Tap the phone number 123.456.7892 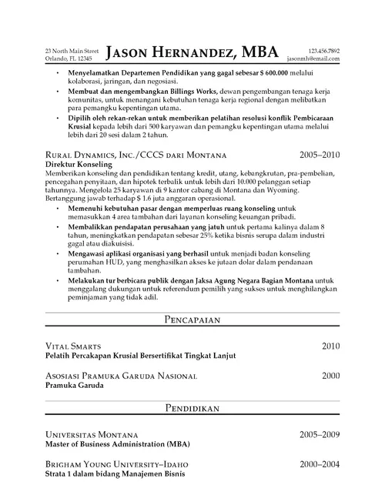point(323,50)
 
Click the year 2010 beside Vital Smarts point(330,346)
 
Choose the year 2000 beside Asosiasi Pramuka point(330,376)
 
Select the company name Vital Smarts point(74,347)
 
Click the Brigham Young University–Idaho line point(116,466)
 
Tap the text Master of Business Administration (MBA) point(116,445)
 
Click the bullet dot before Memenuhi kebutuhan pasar point(60,209)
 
